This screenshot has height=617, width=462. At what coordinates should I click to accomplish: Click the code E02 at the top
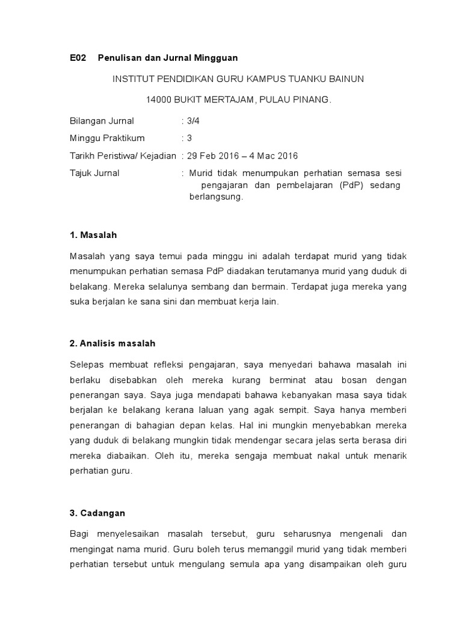coord(79,58)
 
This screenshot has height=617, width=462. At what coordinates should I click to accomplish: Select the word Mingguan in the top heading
coord(216,58)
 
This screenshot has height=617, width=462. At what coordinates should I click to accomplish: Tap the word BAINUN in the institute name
coord(345,79)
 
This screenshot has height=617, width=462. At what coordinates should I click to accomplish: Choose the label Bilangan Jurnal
coord(102,121)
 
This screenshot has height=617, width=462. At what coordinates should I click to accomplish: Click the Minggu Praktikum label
coord(107,138)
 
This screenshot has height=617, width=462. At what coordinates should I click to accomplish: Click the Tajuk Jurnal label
coord(94,173)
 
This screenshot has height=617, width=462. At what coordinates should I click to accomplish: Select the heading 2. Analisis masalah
coord(112,343)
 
